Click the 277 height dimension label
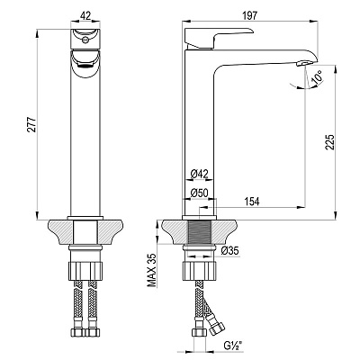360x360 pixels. click(x=32, y=124)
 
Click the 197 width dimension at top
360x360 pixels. click(x=249, y=15)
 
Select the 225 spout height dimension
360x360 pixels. click(x=330, y=141)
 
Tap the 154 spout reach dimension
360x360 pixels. click(x=252, y=202)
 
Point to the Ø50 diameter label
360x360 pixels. click(x=200, y=193)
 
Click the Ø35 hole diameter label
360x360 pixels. click(x=229, y=250)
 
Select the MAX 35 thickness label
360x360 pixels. click(x=153, y=270)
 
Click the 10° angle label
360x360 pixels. click(x=316, y=76)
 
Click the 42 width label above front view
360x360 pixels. click(x=85, y=16)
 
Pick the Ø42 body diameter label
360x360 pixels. click(x=200, y=174)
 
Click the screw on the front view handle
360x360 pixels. click(x=85, y=39)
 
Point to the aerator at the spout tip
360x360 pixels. click(x=304, y=63)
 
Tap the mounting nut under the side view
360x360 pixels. click(x=200, y=271)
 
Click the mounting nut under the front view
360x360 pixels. click(x=85, y=271)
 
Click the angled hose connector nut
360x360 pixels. click(x=217, y=328)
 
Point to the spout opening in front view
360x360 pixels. click(x=85, y=63)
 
